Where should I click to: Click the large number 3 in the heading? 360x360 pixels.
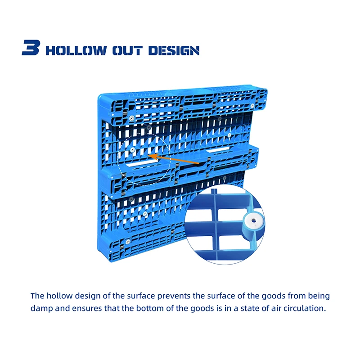coord(31,48)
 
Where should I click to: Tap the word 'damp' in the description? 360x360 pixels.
coord(41,309)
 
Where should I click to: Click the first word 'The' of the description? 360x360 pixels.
coord(37,296)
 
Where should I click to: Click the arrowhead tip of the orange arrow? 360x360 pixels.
coord(150,156)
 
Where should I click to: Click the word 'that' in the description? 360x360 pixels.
coord(110,309)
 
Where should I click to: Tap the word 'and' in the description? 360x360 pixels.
coord(63,309)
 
